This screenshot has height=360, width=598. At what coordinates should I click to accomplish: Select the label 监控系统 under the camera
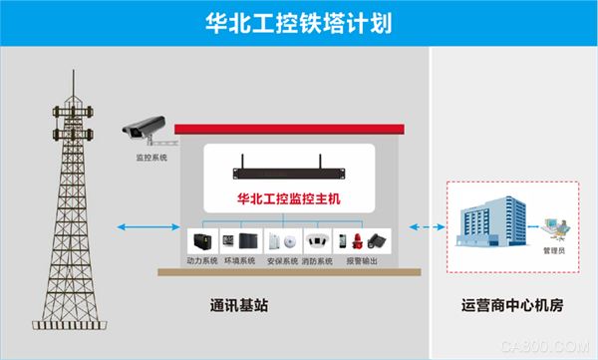coord(151,158)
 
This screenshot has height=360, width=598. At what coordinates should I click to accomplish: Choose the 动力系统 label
coord(202,263)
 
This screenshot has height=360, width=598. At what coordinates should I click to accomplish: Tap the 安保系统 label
coord(282,263)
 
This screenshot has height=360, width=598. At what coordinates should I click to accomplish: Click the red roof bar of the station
coord(289,129)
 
